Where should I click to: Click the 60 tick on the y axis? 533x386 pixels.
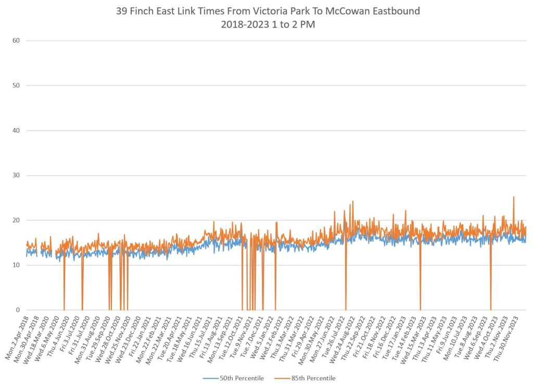(16, 40)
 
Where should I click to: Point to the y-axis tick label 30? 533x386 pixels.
(16, 175)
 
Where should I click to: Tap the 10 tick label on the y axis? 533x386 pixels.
(16, 265)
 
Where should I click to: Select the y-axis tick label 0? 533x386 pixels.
(18, 310)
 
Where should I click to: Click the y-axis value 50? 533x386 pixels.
(16, 85)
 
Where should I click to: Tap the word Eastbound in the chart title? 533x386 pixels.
(392, 11)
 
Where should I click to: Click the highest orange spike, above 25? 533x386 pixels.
(514, 197)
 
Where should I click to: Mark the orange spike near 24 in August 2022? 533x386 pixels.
(352, 201)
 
